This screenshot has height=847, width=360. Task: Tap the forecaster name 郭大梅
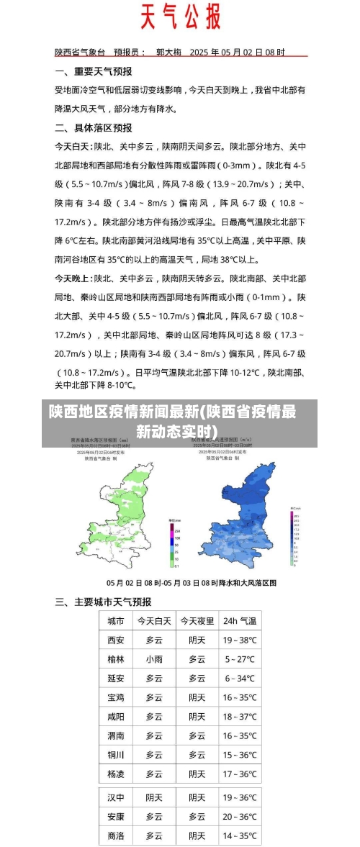pyautogui.click(x=168, y=52)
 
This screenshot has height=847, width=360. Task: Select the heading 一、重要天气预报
pyautogui.click(x=94, y=72)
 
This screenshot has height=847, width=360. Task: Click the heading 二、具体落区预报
pyautogui.click(x=94, y=128)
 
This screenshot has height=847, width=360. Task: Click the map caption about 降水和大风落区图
pyautogui.click(x=192, y=583)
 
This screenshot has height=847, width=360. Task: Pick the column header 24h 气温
pyautogui.click(x=239, y=620)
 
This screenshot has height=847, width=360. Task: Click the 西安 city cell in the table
pyautogui.click(x=115, y=640)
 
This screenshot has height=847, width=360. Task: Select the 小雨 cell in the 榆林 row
pyautogui.click(x=154, y=659)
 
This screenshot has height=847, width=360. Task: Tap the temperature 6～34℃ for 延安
pyautogui.click(x=239, y=679)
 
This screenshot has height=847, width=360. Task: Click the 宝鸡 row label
pyautogui.click(x=115, y=697)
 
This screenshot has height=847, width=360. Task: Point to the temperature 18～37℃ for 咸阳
pyautogui.click(x=239, y=717)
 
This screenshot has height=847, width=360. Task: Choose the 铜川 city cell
pyautogui.click(x=115, y=755)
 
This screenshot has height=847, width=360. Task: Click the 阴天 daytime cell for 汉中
pyautogui.click(x=154, y=797)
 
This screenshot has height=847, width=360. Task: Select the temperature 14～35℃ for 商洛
pyautogui.click(x=239, y=836)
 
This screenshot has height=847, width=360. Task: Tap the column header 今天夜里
pyautogui.click(x=197, y=620)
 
